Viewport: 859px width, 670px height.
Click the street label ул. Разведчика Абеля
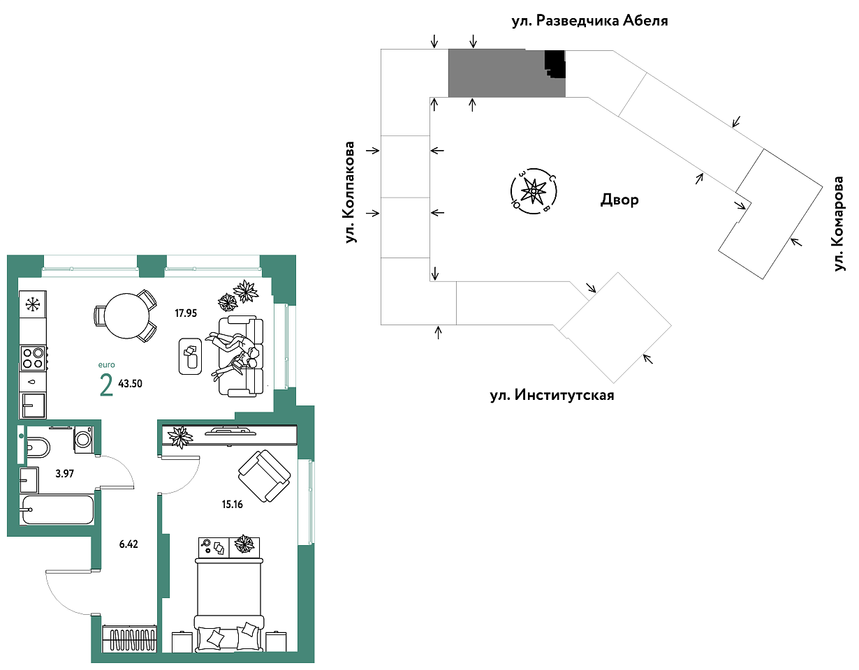(x=590, y=20)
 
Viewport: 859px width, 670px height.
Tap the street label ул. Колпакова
(x=349, y=192)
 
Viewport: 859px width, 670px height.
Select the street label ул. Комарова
(x=839, y=223)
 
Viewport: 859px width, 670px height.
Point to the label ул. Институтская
(x=552, y=394)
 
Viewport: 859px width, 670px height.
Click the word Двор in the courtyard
(x=619, y=200)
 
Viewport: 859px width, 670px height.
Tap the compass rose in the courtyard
(x=534, y=191)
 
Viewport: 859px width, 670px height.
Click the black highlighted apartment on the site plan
(x=555, y=64)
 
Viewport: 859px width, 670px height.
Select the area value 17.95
(x=186, y=313)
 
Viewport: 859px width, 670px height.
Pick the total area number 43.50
(x=130, y=384)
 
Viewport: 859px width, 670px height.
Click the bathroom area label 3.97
(x=64, y=473)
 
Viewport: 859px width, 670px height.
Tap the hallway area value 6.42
(x=129, y=544)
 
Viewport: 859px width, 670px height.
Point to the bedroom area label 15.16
(x=232, y=505)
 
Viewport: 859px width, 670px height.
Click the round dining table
(x=126, y=315)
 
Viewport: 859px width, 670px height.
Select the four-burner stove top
(x=34, y=357)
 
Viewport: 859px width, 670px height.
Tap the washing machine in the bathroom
(x=83, y=439)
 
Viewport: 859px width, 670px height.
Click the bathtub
(x=57, y=509)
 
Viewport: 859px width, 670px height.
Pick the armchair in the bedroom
(x=264, y=476)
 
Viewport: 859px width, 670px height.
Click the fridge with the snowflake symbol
(x=33, y=304)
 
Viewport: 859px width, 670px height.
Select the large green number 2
(x=106, y=385)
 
